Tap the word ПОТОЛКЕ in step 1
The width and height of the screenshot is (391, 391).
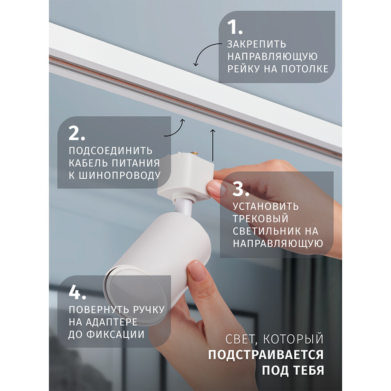click(x=307, y=69)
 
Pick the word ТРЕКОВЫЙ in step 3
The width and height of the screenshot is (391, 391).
click(x=260, y=218)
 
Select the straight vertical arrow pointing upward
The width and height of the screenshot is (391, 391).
click(x=212, y=144)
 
